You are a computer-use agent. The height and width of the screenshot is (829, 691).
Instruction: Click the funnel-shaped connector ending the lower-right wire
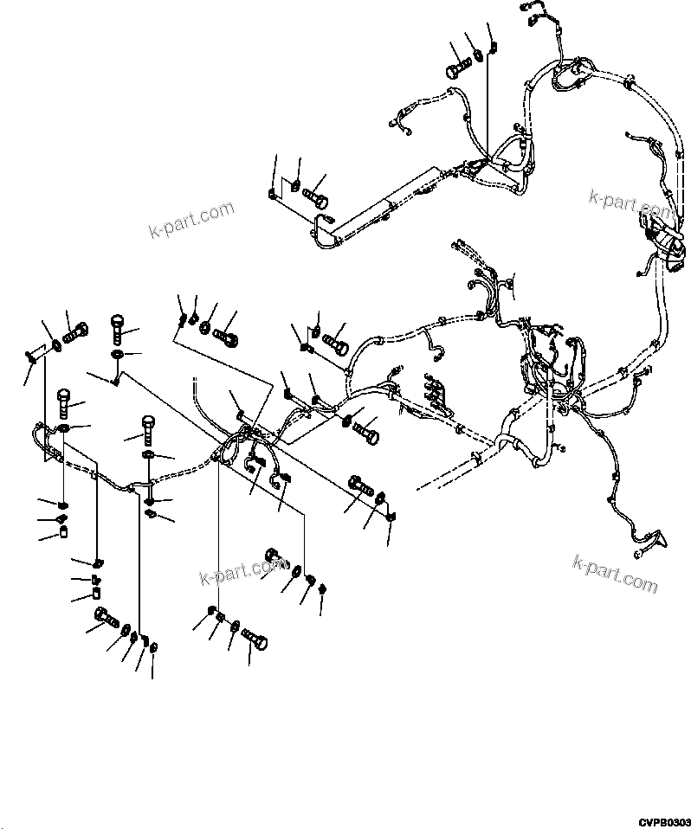coord(658,542)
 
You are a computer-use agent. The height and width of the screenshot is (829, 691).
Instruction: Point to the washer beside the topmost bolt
coord(477,60)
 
